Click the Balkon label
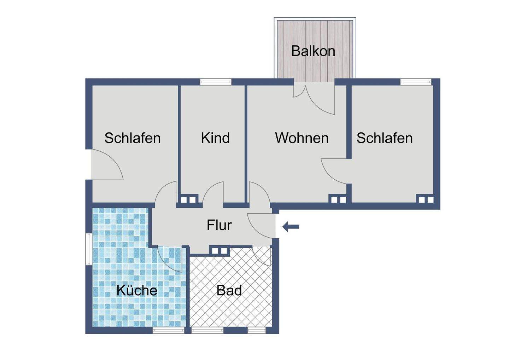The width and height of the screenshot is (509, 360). tap(313, 51)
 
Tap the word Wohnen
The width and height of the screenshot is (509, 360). tap(302, 138)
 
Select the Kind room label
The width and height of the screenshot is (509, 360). tap(215, 138)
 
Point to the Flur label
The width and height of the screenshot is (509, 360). tap(219, 225)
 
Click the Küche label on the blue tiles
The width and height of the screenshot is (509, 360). tap(137, 291)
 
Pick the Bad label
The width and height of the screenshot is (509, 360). tap(229, 291)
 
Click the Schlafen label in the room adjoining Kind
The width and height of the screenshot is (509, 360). tap(132, 138)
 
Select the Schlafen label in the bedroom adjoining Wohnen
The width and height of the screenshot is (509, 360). tap(384, 138)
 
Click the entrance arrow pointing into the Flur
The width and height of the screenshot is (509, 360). tap(291, 226)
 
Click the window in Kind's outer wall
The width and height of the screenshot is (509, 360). tap(216, 82)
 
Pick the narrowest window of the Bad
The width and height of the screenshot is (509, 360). tap(257, 330)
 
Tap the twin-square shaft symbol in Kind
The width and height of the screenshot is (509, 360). tap(188, 200)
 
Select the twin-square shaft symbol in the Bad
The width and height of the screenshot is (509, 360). tap(220, 251)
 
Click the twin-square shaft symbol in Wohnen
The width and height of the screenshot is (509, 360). tap(338, 200)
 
